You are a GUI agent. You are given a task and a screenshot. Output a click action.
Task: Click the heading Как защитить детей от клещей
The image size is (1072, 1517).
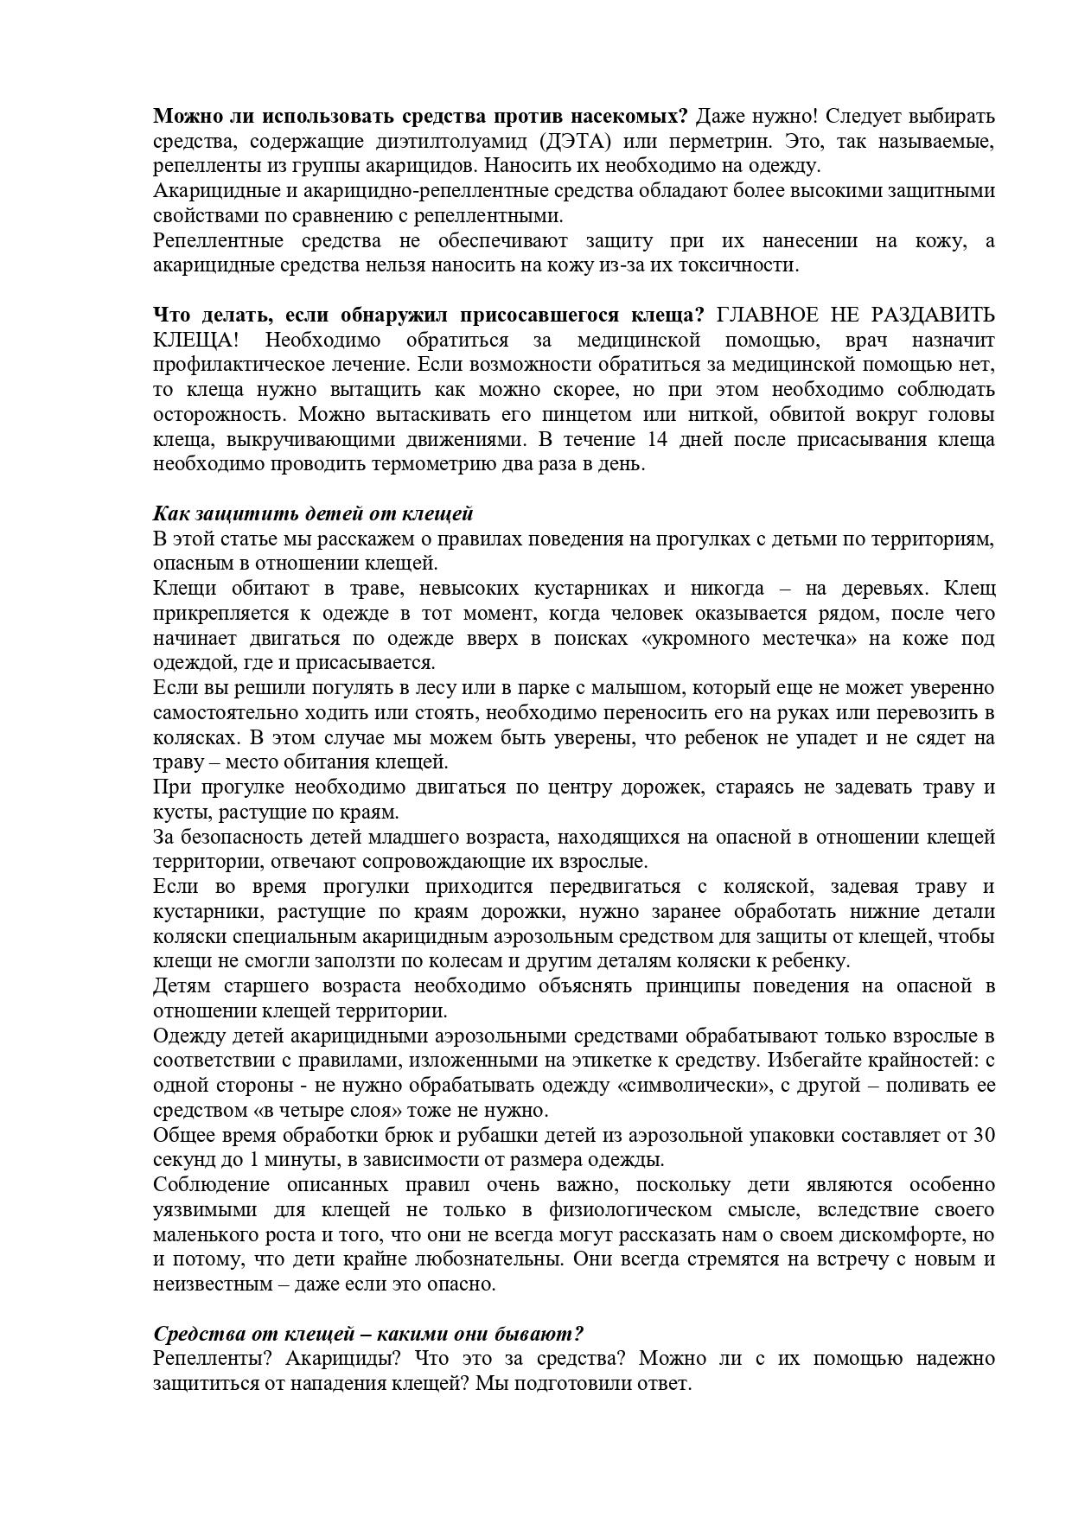[x=313, y=513]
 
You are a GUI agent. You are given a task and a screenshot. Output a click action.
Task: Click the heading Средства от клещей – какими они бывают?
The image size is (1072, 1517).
[x=369, y=1333]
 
